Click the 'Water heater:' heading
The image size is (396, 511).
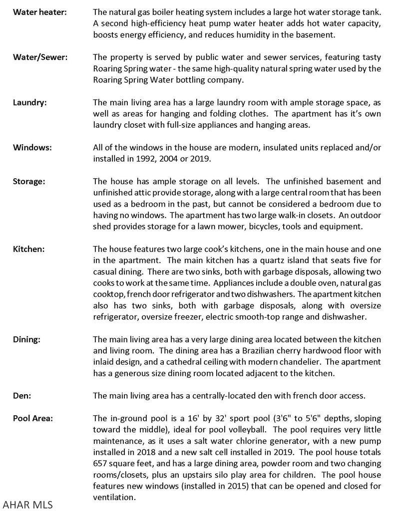pyautogui.click(x=39, y=11)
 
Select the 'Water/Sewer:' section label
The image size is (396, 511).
pyautogui.click(x=40, y=57)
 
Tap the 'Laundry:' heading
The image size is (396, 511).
pyautogui.click(x=29, y=102)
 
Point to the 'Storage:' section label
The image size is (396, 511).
pyautogui.click(x=29, y=181)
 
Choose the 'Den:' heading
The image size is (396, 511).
pyautogui.click(x=22, y=396)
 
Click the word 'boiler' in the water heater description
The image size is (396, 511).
pyautogui.click(x=168, y=11)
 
